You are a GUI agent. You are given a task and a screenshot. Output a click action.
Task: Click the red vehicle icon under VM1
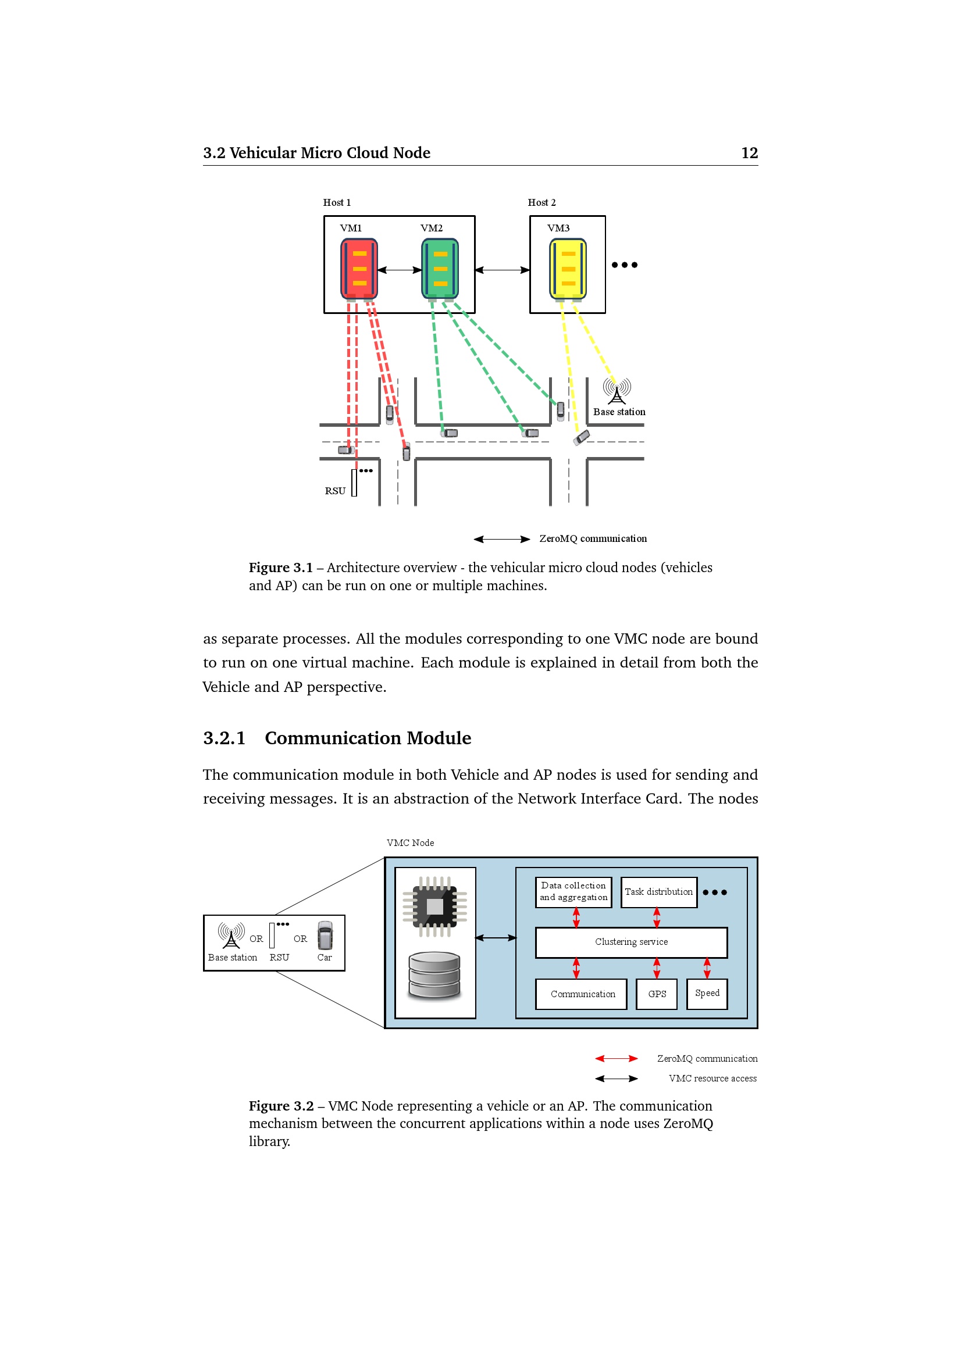359,269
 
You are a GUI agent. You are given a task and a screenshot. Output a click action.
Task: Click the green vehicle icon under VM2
440,269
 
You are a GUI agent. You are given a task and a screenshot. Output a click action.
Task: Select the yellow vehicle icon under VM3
568,269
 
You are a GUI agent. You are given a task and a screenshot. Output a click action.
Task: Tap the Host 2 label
541,202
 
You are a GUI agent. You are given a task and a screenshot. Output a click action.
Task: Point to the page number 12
749,153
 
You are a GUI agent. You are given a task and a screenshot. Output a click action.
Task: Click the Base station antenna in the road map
617,391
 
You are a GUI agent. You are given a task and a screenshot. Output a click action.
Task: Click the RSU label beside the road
334,491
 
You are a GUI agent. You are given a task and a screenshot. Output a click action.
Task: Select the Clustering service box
631,943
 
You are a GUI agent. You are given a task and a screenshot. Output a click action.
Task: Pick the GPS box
656,994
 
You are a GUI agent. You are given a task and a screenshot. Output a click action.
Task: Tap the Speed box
707,993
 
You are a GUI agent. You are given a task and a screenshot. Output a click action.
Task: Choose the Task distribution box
659,892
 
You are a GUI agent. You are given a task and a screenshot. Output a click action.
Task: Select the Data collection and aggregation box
573,892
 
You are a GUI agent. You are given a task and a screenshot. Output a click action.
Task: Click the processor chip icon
435,907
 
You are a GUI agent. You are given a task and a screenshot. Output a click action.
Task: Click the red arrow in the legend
616,1058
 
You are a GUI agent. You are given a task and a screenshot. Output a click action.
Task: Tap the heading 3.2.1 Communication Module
337,738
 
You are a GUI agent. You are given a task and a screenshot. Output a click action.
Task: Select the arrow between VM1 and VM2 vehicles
399,270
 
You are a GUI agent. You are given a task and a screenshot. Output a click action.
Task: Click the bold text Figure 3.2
281,1106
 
